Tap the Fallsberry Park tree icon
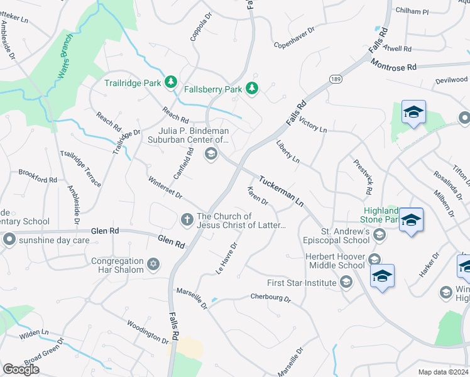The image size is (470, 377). pos(252,89)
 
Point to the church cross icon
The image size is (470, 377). pos(187,220)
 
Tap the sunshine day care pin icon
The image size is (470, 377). pos(9,239)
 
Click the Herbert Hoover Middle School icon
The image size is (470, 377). pos(374,260)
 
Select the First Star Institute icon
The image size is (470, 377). pos(346,283)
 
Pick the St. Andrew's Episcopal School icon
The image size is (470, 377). pos(379,234)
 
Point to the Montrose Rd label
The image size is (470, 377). pos(394,65)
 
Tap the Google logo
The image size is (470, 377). pos(21,369)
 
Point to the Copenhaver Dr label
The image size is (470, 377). pos(293,45)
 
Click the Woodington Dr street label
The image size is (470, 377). pos(148,332)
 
